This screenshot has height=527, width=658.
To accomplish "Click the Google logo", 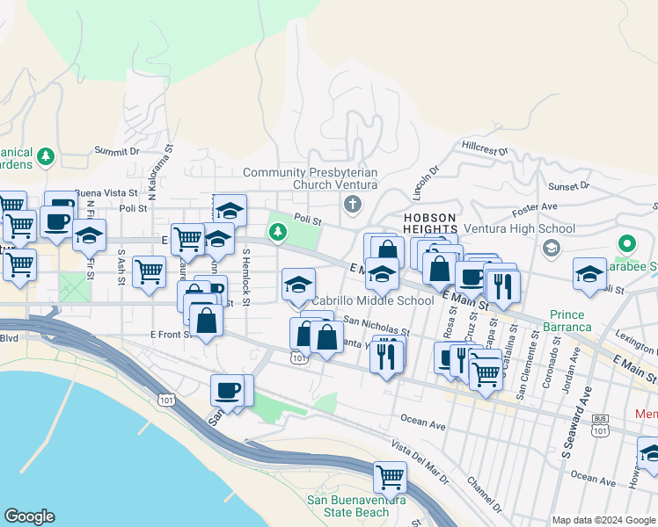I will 29,516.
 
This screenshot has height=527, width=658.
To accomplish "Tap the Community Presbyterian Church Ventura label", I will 310,178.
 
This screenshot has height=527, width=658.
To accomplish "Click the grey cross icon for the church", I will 353,205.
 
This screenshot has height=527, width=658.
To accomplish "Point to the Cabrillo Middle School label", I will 373,300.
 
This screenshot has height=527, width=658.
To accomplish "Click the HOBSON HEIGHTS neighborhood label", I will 429,223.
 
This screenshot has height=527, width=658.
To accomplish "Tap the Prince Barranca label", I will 570,321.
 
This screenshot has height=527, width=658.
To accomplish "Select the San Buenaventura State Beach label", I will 347,506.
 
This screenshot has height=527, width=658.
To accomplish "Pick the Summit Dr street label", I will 117,151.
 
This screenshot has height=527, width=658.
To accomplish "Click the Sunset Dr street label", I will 569,186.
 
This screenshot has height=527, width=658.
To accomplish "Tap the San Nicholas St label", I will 377,326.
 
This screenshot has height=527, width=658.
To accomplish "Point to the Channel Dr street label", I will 484,495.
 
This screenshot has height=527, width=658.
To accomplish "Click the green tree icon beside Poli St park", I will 278,232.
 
